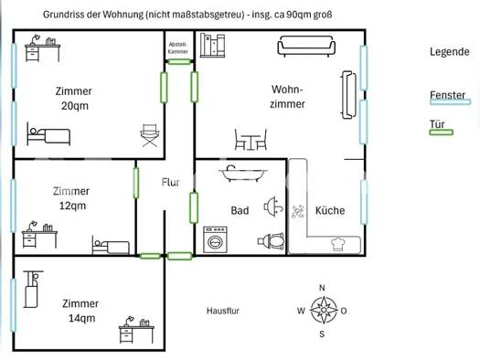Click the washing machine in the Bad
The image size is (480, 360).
click(216, 239)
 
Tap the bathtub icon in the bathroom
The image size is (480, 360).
click(243, 174)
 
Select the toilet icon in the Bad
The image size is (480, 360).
click(272, 241)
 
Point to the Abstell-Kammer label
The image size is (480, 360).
click(178, 48)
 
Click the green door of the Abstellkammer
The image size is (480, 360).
click(179, 62)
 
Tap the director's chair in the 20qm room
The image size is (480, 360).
click(150, 135)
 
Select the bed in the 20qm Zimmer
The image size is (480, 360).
click(48, 134)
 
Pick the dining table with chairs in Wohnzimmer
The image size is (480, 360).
click(251, 140)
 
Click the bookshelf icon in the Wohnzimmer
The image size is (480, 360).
click(212, 46)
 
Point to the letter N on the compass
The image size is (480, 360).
click(322, 288)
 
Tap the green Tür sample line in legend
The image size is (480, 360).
click(441, 132)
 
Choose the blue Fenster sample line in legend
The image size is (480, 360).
click(450, 101)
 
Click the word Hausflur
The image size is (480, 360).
click(223, 311)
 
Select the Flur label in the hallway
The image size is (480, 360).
click(170, 183)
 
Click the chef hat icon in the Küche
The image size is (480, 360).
click(338, 244)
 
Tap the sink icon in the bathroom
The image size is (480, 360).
click(273, 207)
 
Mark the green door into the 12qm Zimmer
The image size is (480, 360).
click(136, 183)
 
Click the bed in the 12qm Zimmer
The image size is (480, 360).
click(111, 245)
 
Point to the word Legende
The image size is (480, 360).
click(450, 52)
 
